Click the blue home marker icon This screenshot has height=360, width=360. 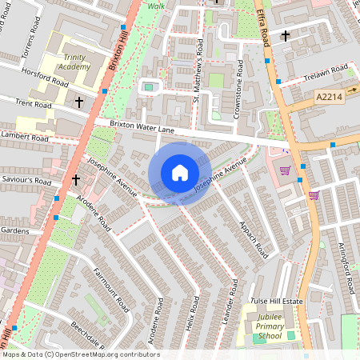pos(180,173)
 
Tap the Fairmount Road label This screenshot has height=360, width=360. pos(110,289)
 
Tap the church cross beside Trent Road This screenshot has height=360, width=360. pos(78,102)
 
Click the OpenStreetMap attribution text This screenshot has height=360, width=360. pos(81,354)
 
